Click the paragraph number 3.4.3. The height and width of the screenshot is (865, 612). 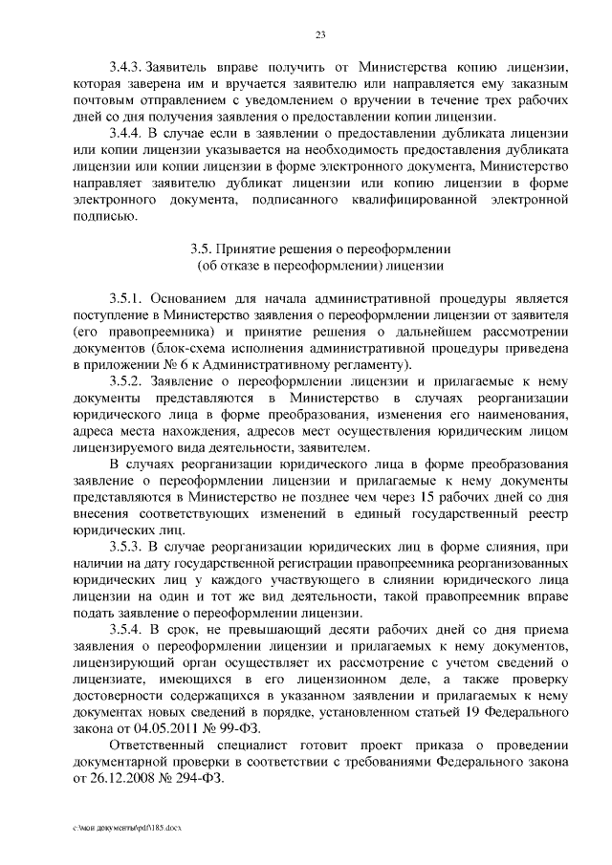pyautogui.click(x=124, y=67)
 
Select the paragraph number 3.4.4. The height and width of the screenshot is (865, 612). pyautogui.click(x=124, y=133)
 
